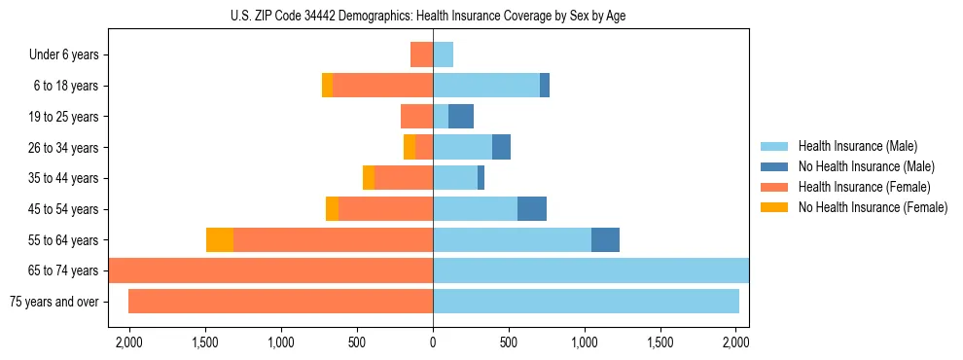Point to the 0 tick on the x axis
[x=433, y=343]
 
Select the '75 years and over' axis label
[x=53, y=302]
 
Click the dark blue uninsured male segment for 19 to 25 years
[x=461, y=117]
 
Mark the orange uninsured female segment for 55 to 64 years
[x=220, y=240]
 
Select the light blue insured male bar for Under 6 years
[x=443, y=55]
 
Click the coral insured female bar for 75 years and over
[x=280, y=302]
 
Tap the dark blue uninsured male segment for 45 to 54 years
[x=532, y=209]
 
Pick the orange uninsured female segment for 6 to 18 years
[x=327, y=86]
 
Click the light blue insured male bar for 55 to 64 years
[x=512, y=240]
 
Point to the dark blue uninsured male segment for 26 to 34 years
[x=501, y=148]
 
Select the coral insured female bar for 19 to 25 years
[x=416, y=117]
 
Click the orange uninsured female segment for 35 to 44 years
[x=369, y=178]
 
